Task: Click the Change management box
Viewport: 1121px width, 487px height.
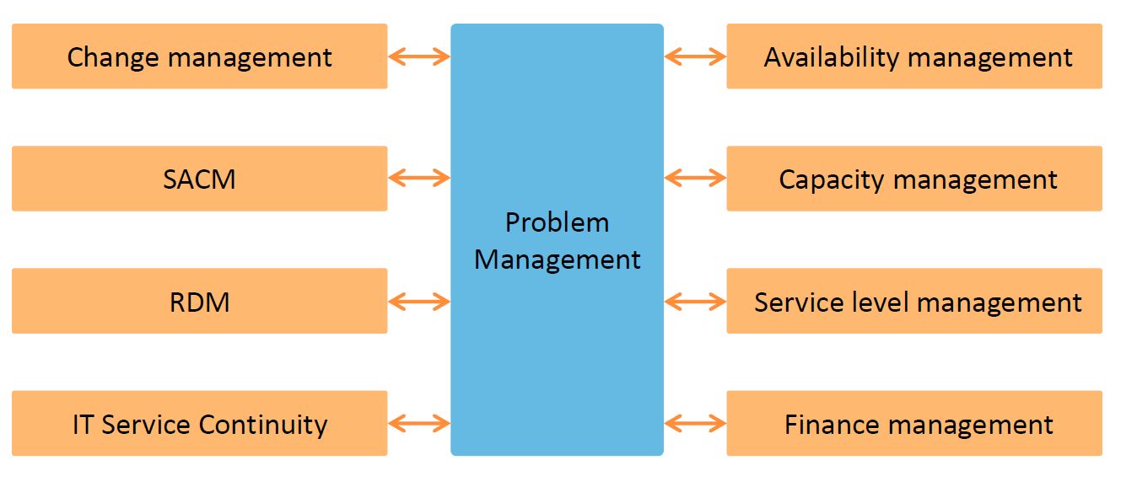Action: click(x=199, y=56)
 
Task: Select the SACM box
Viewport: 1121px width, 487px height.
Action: click(x=199, y=179)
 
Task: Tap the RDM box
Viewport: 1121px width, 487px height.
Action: click(x=199, y=302)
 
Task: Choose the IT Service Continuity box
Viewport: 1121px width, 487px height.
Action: click(x=199, y=424)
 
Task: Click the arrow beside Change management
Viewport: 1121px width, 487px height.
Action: click(x=419, y=57)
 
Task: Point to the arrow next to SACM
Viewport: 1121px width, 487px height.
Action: click(x=419, y=178)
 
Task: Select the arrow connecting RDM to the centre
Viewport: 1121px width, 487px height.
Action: click(x=419, y=301)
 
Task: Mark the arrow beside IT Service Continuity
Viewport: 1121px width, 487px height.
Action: click(x=419, y=423)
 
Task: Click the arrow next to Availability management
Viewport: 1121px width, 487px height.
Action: click(x=695, y=57)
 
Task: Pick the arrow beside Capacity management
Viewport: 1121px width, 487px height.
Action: click(x=695, y=178)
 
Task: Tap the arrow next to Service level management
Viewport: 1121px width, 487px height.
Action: click(x=695, y=301)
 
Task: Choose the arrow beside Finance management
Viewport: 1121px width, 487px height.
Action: click(x=695, y=423)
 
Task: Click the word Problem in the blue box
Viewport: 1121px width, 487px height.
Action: click(x=557, y=222)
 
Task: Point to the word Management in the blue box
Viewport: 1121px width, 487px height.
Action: click(x=557, y=259)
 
